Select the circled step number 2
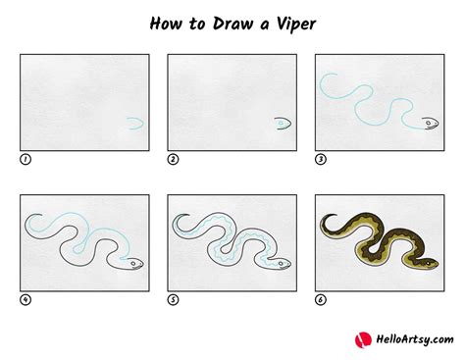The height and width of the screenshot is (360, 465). [x=173, y=159]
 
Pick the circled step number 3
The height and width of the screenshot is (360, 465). [x=320, y=159]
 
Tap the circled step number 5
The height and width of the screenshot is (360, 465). [x=173, y=299]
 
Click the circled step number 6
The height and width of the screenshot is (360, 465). [x=320, y=299]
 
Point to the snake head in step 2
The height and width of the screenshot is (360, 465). [x=284, y=124]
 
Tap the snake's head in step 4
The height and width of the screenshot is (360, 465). [x=133, y=264]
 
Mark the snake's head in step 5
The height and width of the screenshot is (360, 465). [x=282, y=264]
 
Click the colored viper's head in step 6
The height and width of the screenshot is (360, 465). [x=428, y=264]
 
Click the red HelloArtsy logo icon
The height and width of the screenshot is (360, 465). [x=362, y=339]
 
